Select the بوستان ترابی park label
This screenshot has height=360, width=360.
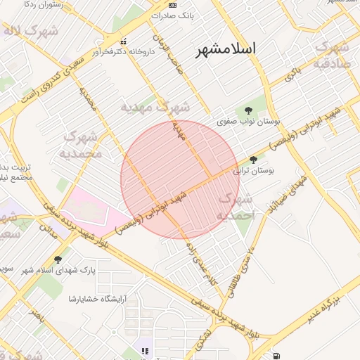point(257,170)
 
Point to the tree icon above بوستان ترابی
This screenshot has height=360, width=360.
point(253,160)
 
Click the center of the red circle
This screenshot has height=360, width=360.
point(180,179)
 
